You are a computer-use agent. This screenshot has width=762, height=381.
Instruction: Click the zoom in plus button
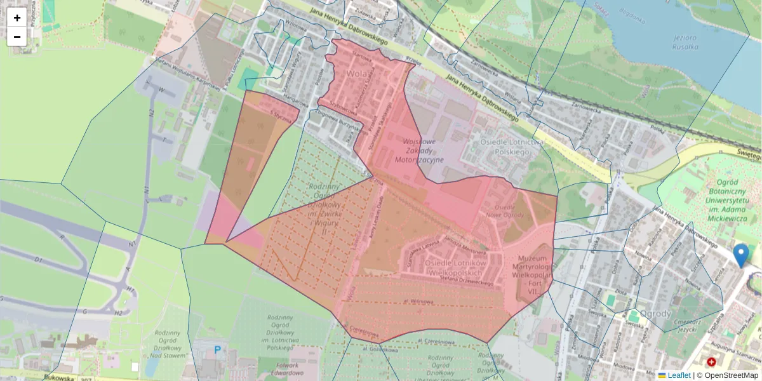17,18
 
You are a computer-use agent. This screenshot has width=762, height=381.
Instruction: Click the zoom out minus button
17,37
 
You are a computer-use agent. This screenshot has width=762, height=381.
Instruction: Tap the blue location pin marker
740,255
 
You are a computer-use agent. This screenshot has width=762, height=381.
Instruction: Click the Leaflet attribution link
674,375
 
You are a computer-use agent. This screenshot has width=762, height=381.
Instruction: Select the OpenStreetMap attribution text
731,375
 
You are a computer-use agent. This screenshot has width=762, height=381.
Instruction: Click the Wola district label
358,74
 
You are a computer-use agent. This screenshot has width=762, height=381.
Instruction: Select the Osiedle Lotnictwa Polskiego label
512,147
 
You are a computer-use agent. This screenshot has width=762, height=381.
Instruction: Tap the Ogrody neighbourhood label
656,314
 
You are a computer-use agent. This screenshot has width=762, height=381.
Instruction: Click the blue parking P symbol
218,349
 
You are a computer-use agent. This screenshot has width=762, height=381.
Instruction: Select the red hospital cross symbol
711,362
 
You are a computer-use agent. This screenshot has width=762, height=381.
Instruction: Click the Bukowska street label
60,377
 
